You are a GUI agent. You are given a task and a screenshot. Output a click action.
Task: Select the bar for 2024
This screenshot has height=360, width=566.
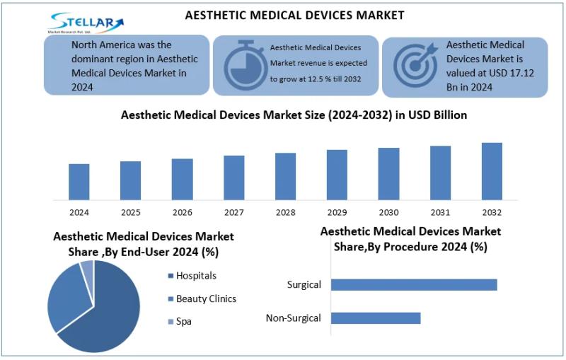tap(79, 182)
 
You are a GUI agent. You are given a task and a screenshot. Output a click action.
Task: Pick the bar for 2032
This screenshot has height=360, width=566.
tap(492, 171)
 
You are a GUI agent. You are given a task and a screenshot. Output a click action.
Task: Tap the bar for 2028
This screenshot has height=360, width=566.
tap(285, 176)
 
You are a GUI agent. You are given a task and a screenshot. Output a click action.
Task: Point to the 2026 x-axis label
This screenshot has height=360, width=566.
tap(182, 212)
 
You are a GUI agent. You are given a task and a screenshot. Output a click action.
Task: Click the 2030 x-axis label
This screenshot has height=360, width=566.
tap(388, 212)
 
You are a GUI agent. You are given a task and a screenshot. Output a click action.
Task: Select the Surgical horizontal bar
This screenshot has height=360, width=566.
tap(414, 284)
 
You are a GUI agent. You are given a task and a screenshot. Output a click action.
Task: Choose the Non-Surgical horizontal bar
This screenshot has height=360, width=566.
tap(376, 318)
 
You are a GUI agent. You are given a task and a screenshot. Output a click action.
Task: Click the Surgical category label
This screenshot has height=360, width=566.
tap(304, 284)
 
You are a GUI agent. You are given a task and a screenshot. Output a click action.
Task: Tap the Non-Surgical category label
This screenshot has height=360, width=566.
tap(294, 318)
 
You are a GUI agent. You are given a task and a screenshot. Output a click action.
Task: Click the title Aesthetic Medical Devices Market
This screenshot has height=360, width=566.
tap(294, 15)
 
